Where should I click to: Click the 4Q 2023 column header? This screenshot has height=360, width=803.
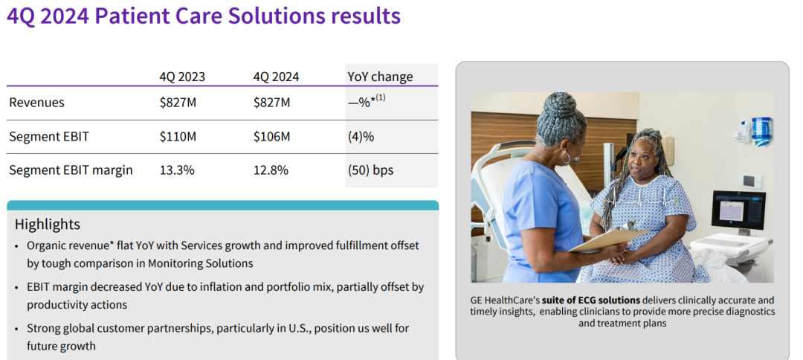pyautogui.click(x=182, y=77)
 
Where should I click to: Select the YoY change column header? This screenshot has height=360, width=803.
pyautogui.click(x=380, y=77)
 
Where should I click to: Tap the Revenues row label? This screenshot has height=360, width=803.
pyautogui.click(x=37, y=103)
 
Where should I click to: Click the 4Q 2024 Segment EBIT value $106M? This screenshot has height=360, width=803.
pyautogui.click(x=271, y=137)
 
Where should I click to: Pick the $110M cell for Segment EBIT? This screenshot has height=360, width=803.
pyautogui.click(x=178, y=137)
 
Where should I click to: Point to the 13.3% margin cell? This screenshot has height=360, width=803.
pyautogui.click(x=177, y=170)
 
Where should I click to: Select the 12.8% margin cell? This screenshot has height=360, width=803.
pyautogui.click(x=271, y=170)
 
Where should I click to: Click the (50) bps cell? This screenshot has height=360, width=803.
pyautogui.click(x=370, y=170)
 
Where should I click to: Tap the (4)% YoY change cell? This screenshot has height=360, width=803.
pyautogui.click(x=361, y=137)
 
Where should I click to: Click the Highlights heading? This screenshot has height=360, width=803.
pyautogui.click(x=48, y=225)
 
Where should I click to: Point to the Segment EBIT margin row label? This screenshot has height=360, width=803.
pyautogui.click(x=71, y=170)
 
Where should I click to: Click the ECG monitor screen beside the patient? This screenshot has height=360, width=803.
pyautogui.click(x=738, y=210)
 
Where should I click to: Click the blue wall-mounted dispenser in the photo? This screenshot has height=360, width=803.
pyautogui.click(x=761, y=131)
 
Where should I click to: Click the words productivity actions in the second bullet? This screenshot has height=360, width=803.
pyautogui.click(x=77, y=305)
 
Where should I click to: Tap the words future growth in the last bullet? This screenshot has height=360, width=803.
pyautogui.click(x=61, y=346)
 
